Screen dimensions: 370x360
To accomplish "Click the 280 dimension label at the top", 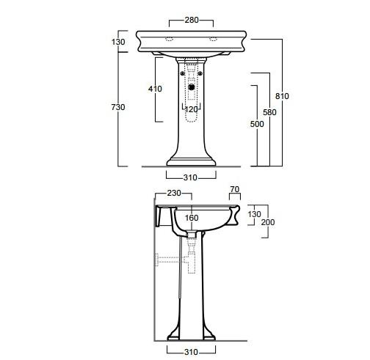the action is click(192, 20).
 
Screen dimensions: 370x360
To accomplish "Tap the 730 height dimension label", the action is click(118, 107).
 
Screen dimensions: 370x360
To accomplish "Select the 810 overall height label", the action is click(282, 96).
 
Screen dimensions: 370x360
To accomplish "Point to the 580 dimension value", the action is click(269, 112).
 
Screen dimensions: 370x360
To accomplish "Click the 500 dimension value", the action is click(257, 124).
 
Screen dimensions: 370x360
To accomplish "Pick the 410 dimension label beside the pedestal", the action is click(155, 89).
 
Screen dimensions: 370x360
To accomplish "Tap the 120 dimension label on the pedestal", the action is click(191, 109).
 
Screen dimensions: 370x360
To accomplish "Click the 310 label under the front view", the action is click(190, 177).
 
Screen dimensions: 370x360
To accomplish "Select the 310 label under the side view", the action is click(191, 352).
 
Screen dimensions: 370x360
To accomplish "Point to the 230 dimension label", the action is click(174, 193).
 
